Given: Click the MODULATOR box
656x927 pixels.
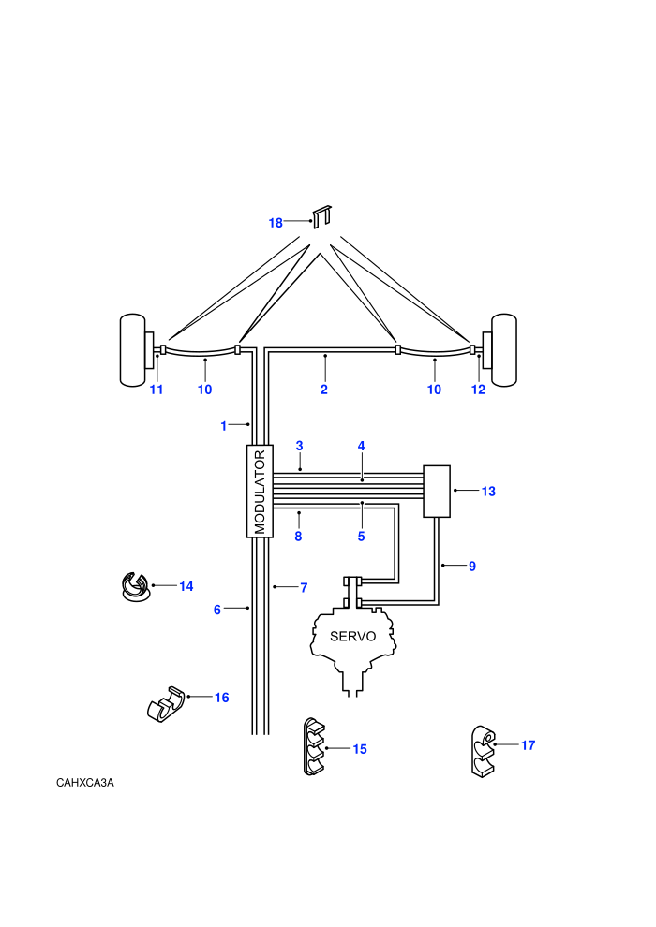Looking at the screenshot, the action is (x=260, y=491).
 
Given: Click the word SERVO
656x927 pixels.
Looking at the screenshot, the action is (x=352, y=636).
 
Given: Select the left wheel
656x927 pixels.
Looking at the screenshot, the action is (x=133, y=350).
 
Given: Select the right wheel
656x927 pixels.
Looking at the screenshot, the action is (x=504, y=350).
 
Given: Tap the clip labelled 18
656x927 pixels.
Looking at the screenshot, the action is (x=321, y=216).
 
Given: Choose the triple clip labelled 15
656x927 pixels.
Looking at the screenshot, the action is (x=314, y=746).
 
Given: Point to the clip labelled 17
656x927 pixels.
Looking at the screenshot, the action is (x=484, y=751).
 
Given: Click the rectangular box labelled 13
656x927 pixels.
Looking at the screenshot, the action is (x=437, y=492).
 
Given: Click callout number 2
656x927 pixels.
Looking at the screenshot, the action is (x=324, y=390).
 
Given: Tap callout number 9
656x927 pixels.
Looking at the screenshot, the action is (x=472, y=566).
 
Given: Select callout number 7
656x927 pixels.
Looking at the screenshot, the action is (x=304, y=588).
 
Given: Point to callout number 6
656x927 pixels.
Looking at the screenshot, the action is (x=217, y=610).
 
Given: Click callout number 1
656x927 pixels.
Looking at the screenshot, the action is (x=224, y=426).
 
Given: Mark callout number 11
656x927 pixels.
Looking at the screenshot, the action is (x=157, y=390).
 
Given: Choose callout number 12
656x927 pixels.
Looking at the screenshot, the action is (x=478, y=390).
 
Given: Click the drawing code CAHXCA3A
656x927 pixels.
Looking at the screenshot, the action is (x=85, y=783).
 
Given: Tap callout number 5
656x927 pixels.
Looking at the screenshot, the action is (x=362, y=537).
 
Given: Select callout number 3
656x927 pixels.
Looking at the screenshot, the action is (x=299, y=446).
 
